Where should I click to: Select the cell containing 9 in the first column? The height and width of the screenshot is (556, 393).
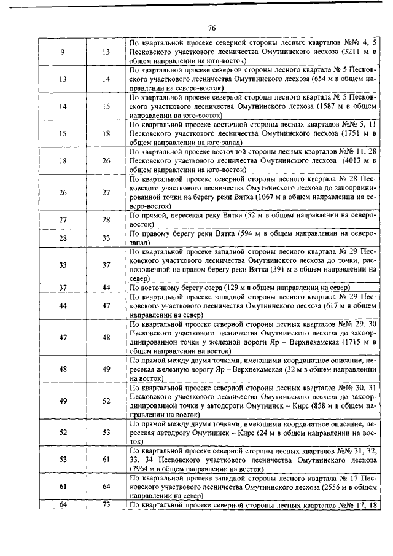coord(63,52)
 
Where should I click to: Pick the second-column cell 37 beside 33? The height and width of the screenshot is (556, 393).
coord(106,265)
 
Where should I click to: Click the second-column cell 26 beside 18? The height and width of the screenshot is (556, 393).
coord(106,160)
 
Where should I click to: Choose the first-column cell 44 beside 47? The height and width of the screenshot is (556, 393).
coord(63,305)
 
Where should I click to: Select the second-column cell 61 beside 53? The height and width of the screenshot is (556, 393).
coord(106,459)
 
